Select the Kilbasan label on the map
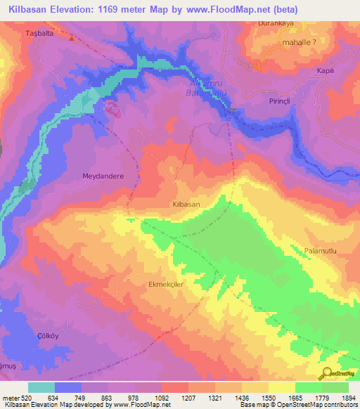coord(186,203)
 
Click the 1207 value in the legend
coord(188,398)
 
